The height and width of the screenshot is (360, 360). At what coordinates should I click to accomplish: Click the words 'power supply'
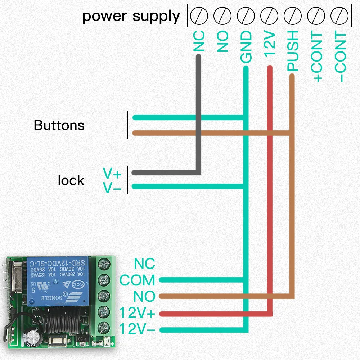coord(131,17)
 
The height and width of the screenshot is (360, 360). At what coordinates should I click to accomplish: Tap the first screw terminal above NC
coord(199,16)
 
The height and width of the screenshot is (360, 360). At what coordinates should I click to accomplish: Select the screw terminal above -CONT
coord(339,16)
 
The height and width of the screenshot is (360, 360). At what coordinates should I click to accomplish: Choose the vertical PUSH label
coord(293,50)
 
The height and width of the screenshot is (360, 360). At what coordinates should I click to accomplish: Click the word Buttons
coord(59,125)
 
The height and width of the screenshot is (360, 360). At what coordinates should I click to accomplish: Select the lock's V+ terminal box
coord(111,173)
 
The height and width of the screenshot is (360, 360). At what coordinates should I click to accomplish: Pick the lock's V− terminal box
coord(111,187)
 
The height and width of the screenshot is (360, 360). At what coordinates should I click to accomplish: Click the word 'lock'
coord(71,180)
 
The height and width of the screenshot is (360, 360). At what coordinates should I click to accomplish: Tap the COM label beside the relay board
coord(137,280)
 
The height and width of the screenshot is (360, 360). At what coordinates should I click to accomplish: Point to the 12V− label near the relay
coord(137,329)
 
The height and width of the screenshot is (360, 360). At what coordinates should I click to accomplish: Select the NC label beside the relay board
coord(144,264)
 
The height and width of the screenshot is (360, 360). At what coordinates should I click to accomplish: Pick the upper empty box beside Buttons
coord(111,118)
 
